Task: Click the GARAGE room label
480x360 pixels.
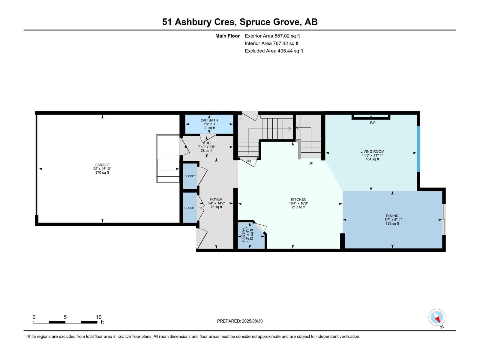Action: (x=102, y=165)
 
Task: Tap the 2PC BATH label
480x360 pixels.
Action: (x=209, y=120)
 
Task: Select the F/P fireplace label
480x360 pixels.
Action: (x=373, y=123)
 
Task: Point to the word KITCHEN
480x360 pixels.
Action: (x=298, y=199)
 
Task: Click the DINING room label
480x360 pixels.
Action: (x=392, y=216)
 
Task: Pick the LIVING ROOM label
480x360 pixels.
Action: (x=372, y=151)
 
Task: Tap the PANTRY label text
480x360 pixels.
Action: (x=244, y=235)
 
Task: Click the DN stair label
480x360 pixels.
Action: (x=248, y=161)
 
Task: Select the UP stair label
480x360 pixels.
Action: (x=311, y=163)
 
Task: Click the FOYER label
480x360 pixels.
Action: (x=216, y=199)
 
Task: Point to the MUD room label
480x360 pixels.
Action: (x=206, y=143)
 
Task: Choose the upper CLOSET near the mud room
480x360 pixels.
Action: (x=190, y=176)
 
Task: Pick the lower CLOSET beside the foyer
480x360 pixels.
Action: (x=190, y=208)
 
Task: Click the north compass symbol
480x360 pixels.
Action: (x=437, y=318)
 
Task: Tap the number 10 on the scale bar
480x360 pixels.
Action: (x=99, y=317)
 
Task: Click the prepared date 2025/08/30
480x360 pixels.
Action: (x=252, y=321)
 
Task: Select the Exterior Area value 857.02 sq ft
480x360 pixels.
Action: (x=287, y=36)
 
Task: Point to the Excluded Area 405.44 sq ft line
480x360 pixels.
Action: (x=274, y=51)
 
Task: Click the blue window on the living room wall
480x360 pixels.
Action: (x=418, y=149)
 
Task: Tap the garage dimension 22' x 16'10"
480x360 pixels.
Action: (x=102, y=169)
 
